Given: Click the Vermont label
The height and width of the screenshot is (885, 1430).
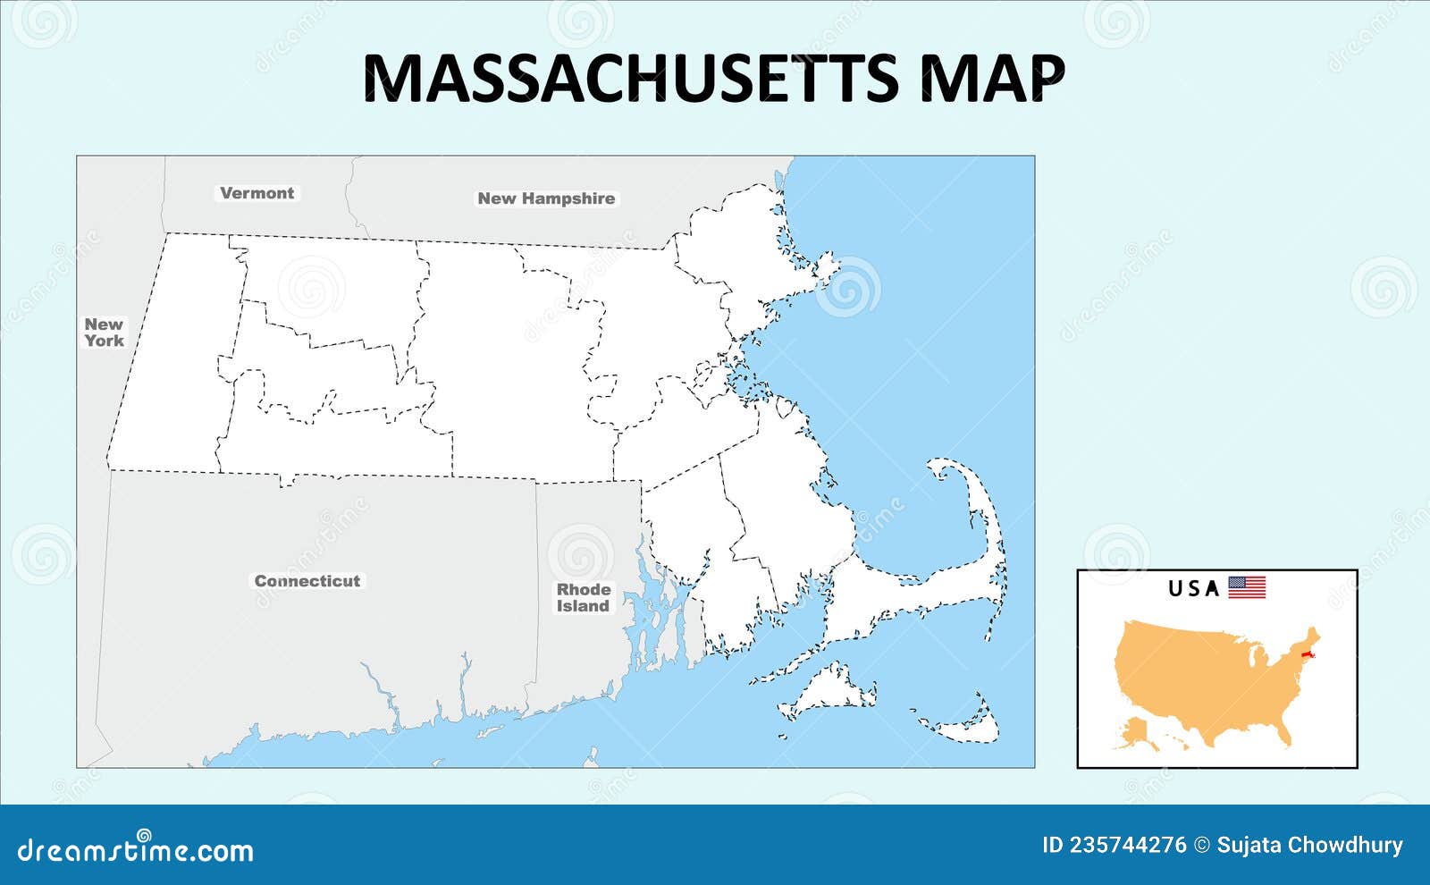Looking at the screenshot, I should coord(257,193).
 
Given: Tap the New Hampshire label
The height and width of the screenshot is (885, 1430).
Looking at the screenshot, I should coord(546,198).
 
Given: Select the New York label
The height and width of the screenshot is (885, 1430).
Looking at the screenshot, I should coord(104,333).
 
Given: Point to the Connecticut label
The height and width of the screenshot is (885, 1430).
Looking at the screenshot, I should coord(307,581).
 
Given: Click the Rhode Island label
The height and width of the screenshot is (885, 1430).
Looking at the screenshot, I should coord(584,597).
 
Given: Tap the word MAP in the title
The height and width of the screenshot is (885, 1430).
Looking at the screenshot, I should coord(992,78).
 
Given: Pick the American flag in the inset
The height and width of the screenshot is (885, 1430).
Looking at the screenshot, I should coord(1247,587).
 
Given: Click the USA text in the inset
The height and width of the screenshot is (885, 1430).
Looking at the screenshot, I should coord(1194,588).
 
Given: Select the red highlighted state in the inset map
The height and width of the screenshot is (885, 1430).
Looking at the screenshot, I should coord(1308,659).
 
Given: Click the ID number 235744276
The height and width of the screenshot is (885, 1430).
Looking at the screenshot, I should coord(1114,845).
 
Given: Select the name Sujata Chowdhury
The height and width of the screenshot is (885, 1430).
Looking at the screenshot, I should coord(1309,845).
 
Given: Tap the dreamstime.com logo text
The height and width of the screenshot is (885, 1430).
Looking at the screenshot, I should coord(136,849).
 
